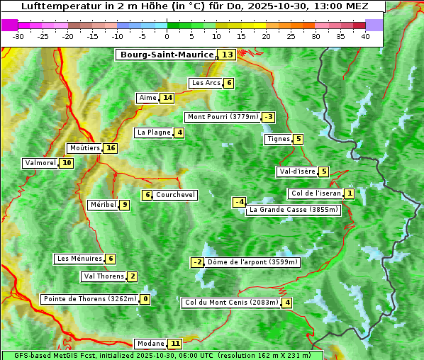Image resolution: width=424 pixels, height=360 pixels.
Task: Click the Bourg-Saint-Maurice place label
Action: [x=167, y=55]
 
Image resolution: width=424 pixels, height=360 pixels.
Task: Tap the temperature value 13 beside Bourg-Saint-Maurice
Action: [x=227, y=55]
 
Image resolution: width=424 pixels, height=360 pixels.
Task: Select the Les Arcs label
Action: [x=206, y=83]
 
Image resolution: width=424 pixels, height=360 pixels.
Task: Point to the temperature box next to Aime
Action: [x=167, y=98]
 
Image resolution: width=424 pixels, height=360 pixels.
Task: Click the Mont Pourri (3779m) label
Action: [x=222, y=117]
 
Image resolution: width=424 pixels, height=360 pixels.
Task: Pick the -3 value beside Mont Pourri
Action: [x=268, y=117]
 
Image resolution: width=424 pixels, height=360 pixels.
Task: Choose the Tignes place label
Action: [x=278, y=139]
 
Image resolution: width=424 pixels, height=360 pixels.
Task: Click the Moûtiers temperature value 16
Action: [x=110, y=148]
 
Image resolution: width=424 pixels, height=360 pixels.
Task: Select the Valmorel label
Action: [x=40, y=163]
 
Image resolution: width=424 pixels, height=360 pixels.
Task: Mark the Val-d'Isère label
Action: [x=296, y=171]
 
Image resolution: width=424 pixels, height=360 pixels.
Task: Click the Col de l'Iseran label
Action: [x=316, y=193]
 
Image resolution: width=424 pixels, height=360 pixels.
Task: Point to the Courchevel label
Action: [x=175, y=195]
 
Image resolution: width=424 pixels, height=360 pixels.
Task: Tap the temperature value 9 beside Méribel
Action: [x=124, y=205]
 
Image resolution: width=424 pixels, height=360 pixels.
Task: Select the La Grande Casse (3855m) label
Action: [x=294, y=210]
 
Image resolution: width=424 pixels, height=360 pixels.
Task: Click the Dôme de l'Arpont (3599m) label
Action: [x=253, y=262]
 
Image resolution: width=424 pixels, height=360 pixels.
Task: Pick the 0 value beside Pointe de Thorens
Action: [x=145, y=299]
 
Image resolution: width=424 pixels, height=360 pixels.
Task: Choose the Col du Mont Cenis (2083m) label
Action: [x=230, y=303]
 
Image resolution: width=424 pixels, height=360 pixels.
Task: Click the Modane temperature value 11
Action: [x=176, y=344]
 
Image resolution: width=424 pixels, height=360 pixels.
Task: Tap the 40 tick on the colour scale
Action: [x=365, y=36]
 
